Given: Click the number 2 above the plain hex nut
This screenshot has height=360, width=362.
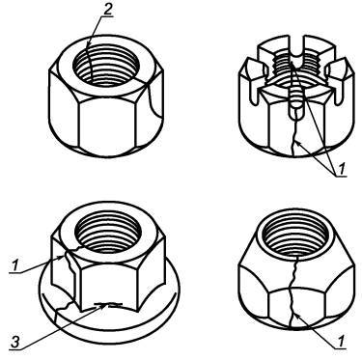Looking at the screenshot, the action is (x=107, y=10).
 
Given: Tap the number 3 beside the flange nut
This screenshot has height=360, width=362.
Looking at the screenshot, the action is (x=15, y=342).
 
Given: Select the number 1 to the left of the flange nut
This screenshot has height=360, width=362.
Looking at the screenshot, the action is (x=14, y=266).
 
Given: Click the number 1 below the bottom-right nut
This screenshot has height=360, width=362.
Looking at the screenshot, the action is (x=341, y=341).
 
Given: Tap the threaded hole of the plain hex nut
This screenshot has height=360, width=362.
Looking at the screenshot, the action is (x=106, y=66).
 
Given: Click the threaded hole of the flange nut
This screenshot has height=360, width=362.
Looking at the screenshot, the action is (x=107, y=231).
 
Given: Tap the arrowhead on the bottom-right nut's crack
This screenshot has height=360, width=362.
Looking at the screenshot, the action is (x=296, y=316).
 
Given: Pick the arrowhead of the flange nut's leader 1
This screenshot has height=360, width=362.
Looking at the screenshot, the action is (x=63, y=257).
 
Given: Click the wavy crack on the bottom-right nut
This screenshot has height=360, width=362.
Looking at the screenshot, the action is (x=292, y=290).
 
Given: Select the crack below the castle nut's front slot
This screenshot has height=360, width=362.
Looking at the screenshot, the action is (x=293, y=136).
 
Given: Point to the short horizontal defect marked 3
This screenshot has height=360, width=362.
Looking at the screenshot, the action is (x=108, y=304).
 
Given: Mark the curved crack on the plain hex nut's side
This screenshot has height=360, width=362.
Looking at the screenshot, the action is (x=153, y=99).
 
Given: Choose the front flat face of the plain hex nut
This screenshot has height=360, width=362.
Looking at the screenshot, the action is (x=108, y=124).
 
